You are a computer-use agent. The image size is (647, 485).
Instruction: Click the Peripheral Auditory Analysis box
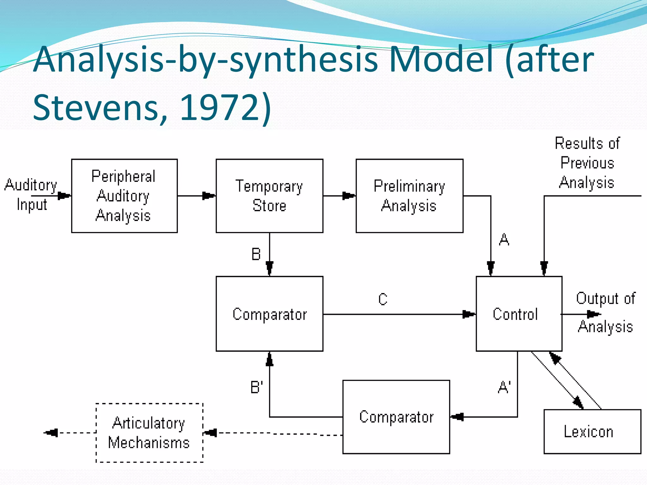click(x=124, y=196)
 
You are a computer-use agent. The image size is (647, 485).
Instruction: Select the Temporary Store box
click(x=269, y=196)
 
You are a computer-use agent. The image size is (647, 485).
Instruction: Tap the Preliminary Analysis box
click(x=409, y=196)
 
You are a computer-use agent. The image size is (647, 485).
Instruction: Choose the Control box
click(x=519, y=314)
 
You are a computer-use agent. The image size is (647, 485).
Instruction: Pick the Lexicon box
click(x=592, y=431)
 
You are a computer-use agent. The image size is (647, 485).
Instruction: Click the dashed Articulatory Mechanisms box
click(x=149, y=433)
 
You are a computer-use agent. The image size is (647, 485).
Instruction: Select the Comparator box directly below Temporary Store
click(x=269, y=314)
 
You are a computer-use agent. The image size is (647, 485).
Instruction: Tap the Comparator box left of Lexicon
click(x=396, y=417)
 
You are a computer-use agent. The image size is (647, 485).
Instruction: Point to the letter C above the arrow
click(x=383, y=299)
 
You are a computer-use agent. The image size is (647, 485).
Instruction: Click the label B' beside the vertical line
click(x=257, y=387)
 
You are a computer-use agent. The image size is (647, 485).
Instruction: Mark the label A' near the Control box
click(x=504, y=387)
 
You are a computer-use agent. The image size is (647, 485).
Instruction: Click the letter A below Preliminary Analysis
click(x=504, y=240)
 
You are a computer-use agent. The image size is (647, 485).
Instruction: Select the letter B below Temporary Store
click(x=256, y=254)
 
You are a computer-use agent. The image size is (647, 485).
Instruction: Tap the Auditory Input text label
click(x=31, y=195)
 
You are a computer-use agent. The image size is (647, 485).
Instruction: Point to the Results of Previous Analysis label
click(x=587, y=163)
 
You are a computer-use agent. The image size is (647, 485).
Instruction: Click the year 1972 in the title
click(x=220, y=108)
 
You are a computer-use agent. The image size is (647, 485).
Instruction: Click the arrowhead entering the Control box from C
click(x=469, y=314)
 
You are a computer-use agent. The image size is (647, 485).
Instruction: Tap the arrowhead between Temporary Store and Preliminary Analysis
click(x=348, y=196)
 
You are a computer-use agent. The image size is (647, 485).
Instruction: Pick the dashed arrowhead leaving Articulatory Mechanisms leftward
click(x=51, y=433)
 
